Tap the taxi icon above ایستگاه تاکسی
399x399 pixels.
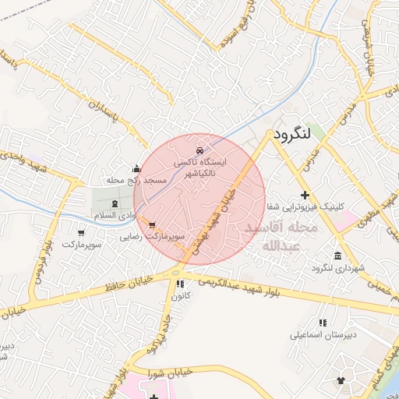200,149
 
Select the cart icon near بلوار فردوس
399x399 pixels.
82,232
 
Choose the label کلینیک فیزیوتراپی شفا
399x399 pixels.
304,207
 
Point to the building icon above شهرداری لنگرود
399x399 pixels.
337,256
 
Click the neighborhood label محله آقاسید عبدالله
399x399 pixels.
281,236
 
